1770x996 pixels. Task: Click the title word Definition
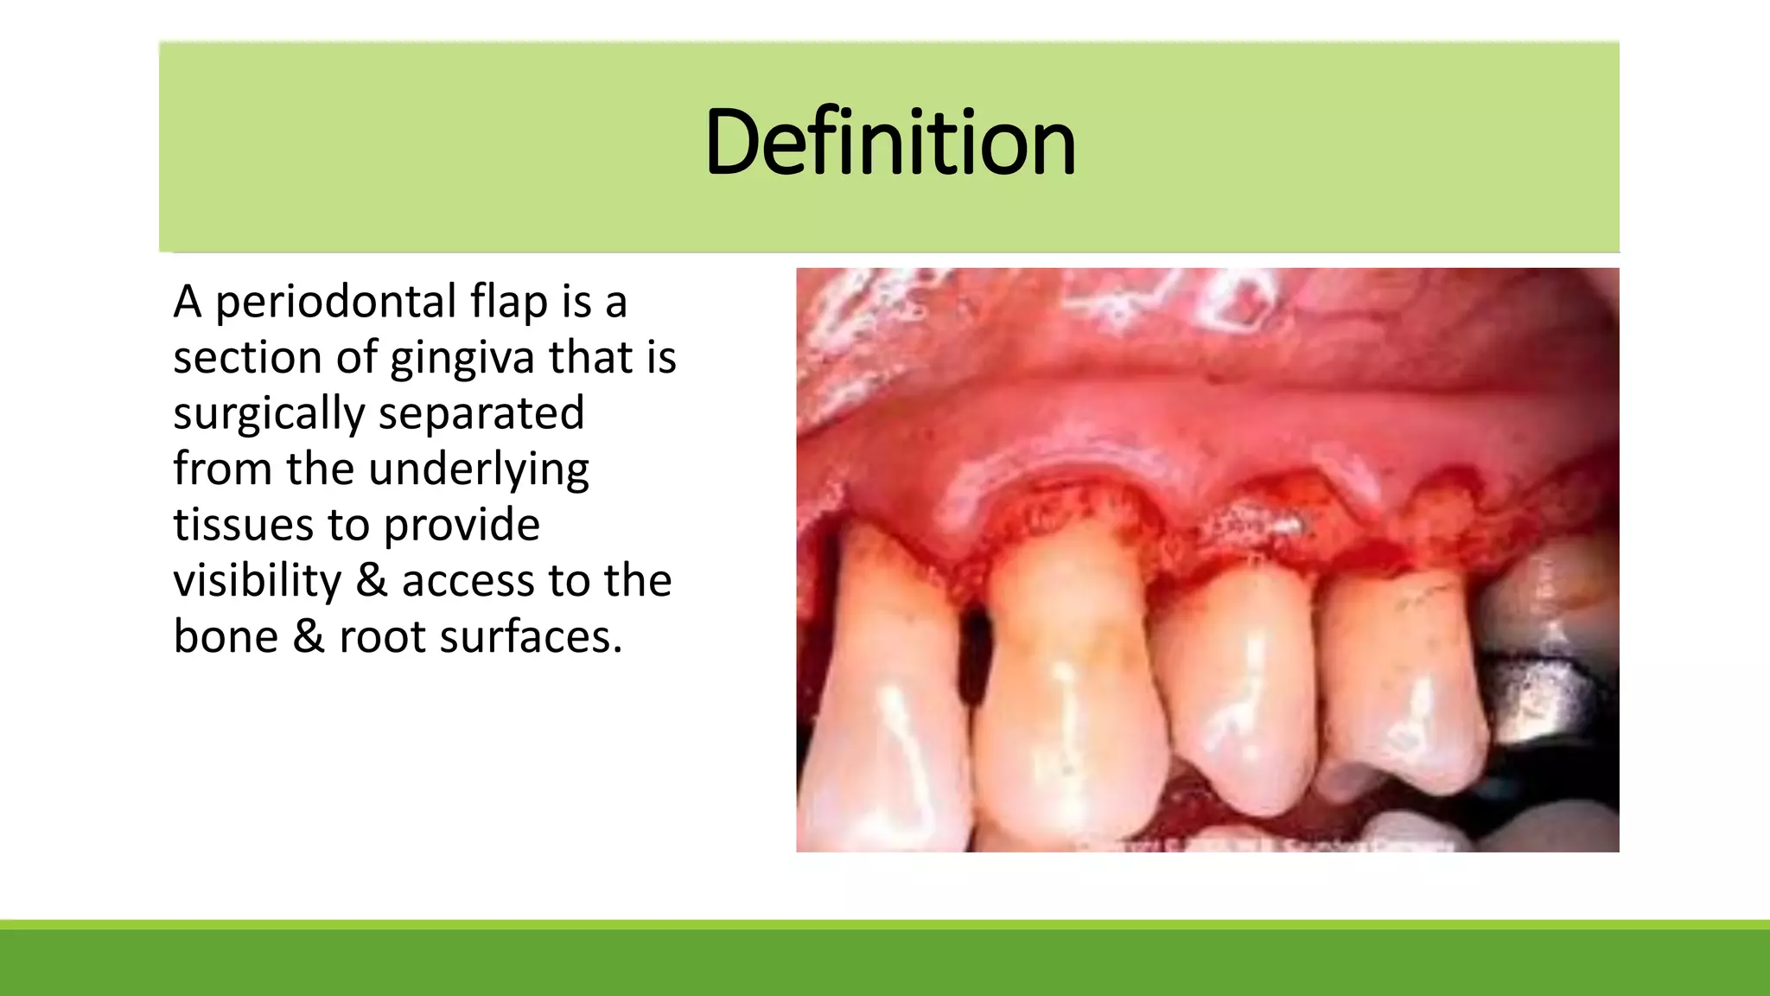point(889,143)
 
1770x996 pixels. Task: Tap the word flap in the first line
point(508,303)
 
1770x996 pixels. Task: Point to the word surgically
point(269,414)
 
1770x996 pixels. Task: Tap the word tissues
point(243,525)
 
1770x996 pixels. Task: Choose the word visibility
point(258,581)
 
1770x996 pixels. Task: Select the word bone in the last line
point(226,636)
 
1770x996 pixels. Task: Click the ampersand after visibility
point(372,580)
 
